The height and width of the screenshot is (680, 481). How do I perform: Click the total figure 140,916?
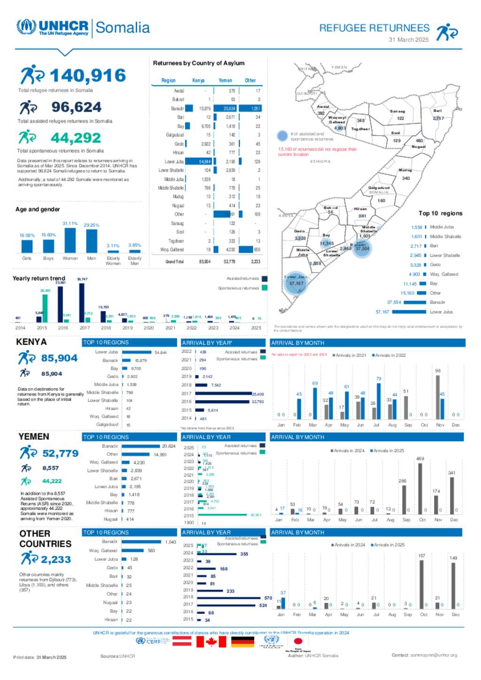87,76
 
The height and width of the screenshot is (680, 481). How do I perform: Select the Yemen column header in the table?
225,80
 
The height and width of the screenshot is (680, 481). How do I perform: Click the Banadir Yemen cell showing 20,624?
229,108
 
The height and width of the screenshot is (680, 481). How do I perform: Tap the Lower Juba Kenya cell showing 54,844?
204,162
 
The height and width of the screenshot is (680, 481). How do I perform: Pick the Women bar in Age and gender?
70,240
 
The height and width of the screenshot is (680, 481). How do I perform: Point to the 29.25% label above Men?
92,225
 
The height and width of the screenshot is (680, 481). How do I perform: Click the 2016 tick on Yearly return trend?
63,328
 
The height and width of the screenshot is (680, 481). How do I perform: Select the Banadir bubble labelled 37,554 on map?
362,248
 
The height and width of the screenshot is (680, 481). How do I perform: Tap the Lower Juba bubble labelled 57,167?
296,284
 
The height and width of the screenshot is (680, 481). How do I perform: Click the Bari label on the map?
437,111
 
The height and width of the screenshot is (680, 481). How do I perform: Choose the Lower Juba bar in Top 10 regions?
409,312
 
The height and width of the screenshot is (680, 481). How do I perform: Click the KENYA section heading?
31,342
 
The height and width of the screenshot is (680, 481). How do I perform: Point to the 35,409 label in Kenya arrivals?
257,394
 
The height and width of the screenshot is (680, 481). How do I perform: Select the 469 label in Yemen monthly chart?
420,459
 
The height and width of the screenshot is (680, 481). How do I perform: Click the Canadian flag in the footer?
211,641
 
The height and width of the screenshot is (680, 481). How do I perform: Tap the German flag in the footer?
243,641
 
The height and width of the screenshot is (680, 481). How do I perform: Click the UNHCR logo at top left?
52,27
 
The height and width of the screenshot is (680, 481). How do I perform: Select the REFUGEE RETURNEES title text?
374,28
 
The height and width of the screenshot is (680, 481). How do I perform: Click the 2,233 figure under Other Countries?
55,560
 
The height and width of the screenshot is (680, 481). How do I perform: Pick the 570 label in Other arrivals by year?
268,598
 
